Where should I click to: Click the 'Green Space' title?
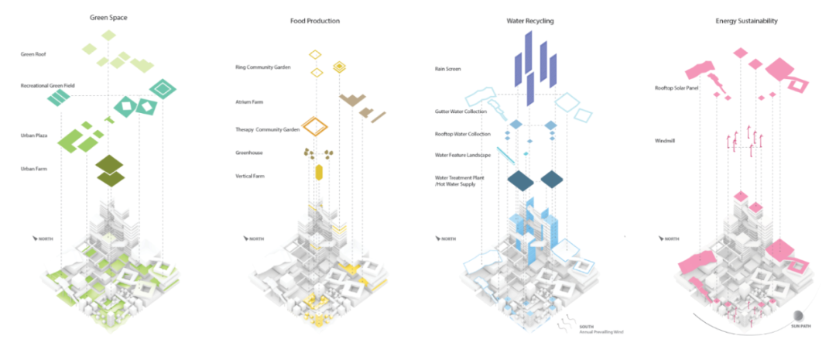pos(108,20)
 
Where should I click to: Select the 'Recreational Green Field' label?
pos(47,84)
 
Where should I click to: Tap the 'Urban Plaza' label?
pos(34,135)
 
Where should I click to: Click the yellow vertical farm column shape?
pos(318,172)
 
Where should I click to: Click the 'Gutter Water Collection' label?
pos(461,111)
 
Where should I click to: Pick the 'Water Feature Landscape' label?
pos(463,155)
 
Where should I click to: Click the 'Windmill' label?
pos(665,140)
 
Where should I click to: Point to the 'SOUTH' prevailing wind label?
pos(587,327)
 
